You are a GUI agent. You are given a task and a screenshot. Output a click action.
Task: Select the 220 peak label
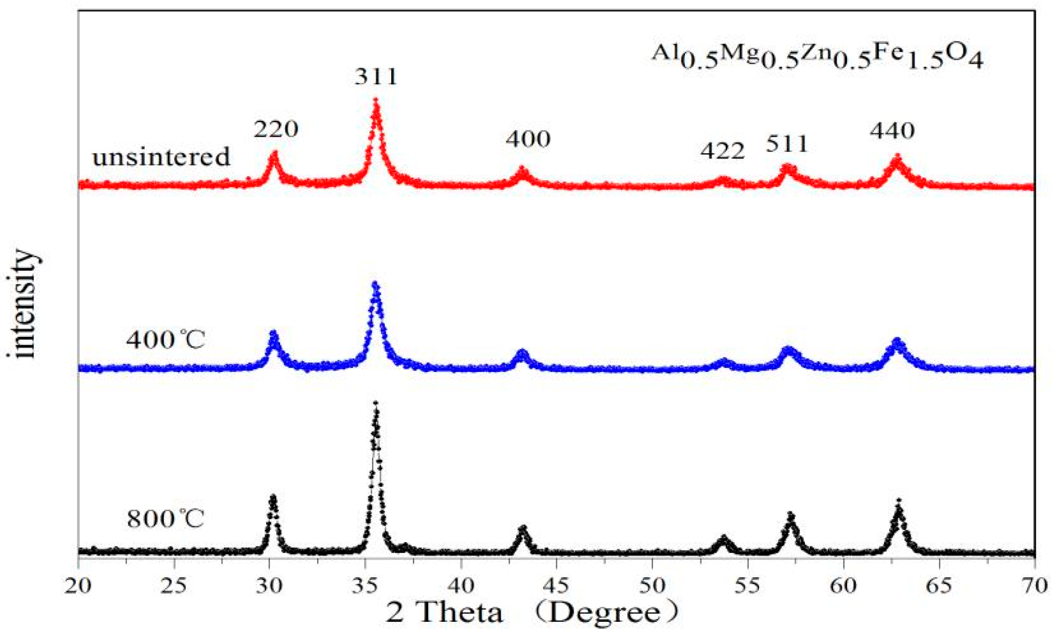coord(276,129)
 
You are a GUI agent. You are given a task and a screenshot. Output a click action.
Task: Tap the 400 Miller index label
coord(528,139)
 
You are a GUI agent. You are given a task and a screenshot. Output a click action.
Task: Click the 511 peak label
coord(787,144)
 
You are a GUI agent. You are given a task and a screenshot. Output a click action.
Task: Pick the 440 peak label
coord(892,131)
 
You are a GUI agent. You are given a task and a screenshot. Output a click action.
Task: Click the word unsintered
coord(161,157)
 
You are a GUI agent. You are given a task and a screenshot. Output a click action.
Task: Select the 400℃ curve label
coord(165,340)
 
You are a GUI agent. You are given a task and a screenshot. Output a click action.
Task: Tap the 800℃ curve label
coord(165,519)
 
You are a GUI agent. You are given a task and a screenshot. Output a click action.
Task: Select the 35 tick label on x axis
coord(364,586)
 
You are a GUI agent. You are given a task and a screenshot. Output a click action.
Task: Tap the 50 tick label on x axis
coord(652,586)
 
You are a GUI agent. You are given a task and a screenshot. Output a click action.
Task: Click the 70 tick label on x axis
coord(1034,586)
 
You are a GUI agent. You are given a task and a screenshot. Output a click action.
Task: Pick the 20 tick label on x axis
coord(78,586)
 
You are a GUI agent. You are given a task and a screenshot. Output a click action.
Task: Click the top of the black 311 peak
coord(375,402)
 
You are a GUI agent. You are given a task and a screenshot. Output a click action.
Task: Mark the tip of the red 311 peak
coord(375,100)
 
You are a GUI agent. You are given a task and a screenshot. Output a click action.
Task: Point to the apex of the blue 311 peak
coord(375,284)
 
